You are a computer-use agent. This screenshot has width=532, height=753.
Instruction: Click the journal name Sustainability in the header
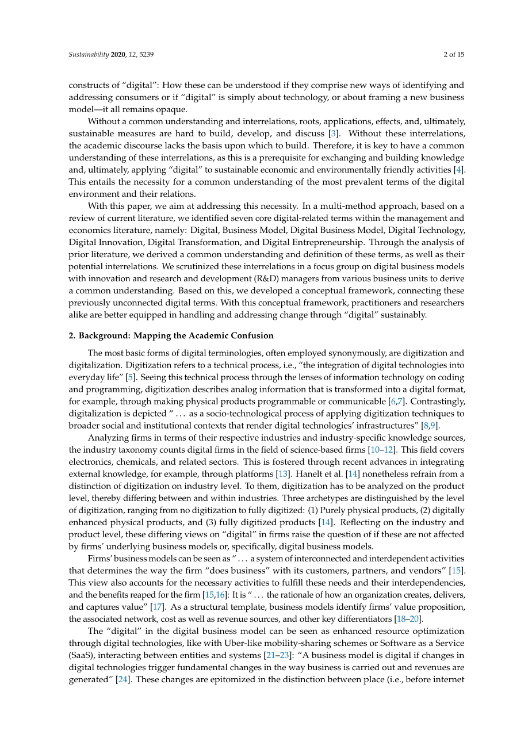[x=89, y=55]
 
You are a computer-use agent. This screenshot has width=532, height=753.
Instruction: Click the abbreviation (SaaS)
[x=82, y=655]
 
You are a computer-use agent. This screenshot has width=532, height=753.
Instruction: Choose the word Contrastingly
[x=436, y=402]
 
